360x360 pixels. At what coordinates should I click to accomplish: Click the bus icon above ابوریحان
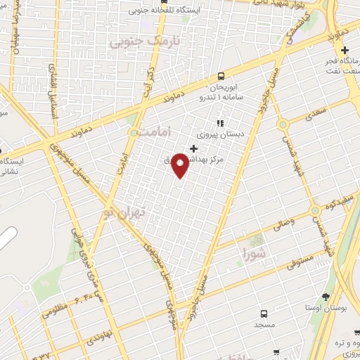pos(221,76)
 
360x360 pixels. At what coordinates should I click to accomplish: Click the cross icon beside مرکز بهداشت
pos(194,148)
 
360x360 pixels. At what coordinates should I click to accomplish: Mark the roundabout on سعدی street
pos(283,124)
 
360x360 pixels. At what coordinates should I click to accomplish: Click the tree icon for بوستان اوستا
pos(325,295)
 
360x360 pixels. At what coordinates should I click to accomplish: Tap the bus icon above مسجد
pos(264,314)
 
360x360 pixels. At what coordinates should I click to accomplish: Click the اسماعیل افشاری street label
pos(54,84)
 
